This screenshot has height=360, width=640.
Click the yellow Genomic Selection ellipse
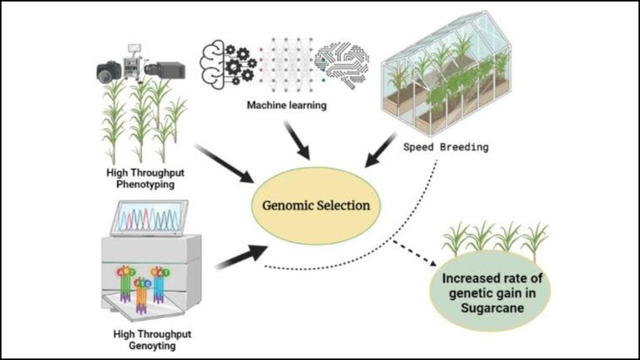pos(315,220)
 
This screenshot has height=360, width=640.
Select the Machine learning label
pos(286,105)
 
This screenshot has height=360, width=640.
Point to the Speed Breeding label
pos(446,147)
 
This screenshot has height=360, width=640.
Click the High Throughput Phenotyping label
pos(145,178)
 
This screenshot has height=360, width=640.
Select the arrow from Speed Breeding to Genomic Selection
pos(381,149)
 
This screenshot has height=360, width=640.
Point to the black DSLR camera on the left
pos(108,71)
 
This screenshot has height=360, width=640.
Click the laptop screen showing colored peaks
pos(149,217)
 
